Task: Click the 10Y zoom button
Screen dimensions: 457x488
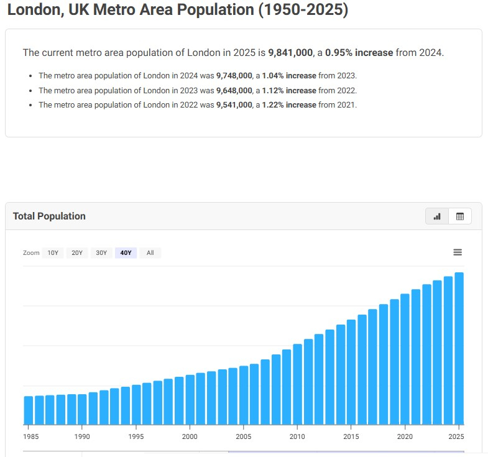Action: tap(53, 253)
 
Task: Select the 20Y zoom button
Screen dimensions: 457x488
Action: tap(77, 253)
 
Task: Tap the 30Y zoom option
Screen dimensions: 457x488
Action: tap(101, 253)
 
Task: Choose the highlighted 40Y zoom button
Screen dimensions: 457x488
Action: tap(126, 253)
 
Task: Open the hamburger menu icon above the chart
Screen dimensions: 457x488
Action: tap(458, 252)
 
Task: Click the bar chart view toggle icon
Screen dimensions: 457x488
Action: tap(437, 216)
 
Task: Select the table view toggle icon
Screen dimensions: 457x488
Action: tap(460, 216)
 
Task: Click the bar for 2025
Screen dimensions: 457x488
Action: tap(459, 348)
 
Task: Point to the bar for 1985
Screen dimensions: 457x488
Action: tap(29, 410)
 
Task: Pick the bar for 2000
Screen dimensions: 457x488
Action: tap(190, 400)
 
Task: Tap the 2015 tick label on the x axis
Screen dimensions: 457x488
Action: tap(351, 436)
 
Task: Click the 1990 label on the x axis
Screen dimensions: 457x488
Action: tap(82, 436)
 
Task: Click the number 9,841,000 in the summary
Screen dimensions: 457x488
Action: tap(290, 53)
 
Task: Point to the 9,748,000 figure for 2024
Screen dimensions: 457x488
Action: tap(234, 76)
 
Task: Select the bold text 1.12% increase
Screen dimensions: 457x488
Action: tap(289, 91)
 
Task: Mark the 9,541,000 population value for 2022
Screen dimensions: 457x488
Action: tap(234, 105)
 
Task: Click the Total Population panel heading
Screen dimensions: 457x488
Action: tap(49, 216)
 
